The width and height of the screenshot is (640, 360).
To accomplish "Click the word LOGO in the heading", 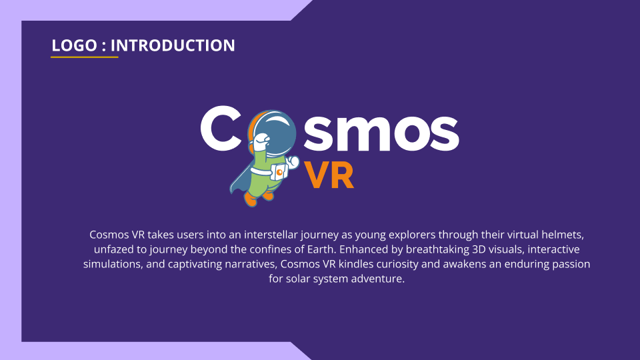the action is click(74, 45).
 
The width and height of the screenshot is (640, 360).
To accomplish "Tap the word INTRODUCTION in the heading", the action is click(173, 45).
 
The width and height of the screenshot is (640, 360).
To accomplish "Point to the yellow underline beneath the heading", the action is click(85, 57).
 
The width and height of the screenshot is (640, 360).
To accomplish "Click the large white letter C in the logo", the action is click(221, 128).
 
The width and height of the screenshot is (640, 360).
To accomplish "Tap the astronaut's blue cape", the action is click(241, 175).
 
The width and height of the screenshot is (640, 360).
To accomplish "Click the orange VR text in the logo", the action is click(329, 175).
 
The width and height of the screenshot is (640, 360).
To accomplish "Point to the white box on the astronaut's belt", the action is click(279, 172).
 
